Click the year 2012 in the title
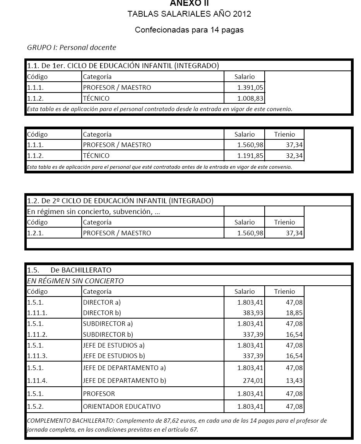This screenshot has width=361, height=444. tap(242, 14)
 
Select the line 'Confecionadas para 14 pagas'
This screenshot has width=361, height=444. tap(189, 30)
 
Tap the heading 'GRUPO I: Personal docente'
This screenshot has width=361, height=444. tap(72, 48)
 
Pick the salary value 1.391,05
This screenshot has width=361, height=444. tap(250, 87)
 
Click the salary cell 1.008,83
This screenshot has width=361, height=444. tap(250, 98)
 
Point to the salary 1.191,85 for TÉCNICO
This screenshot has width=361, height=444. tap(250, 156)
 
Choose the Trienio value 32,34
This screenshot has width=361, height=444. tap(294, 156)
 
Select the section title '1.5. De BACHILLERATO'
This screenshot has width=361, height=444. tap(69, 270)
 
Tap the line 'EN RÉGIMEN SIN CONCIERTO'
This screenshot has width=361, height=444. tap(75, 281)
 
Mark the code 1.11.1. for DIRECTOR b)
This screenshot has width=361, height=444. tap(37, 313)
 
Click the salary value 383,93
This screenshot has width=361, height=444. tap(253, 313)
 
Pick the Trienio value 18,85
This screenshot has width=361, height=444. tap(294, 313)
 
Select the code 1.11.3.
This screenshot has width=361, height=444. tap(37, 356)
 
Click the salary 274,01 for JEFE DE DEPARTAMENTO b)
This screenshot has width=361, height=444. tap(253, 381)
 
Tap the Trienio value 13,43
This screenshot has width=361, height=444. tap(294, 381)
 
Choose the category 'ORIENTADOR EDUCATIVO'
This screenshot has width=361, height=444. tap(121, 406)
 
